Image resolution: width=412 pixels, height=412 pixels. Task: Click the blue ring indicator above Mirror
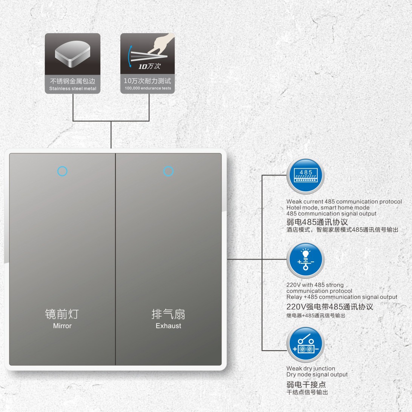click(62, 171)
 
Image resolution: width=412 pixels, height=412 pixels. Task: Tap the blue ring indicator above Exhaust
click(168, 171)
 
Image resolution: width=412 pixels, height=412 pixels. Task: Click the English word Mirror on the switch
click(62, 326)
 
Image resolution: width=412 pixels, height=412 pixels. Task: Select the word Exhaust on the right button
click(168, 326)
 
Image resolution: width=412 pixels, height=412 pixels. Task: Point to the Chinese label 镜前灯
click(62, 314)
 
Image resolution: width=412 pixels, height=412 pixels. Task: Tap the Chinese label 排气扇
click(168, 314)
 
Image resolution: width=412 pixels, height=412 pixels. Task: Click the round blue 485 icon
click(305, 176)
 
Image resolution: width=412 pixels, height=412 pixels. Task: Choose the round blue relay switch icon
click(305, 344)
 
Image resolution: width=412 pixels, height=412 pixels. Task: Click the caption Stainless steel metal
click(72, 89)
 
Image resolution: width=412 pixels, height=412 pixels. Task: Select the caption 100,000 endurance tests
click(148, 88)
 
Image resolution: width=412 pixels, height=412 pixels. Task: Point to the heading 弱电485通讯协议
click(317, 222)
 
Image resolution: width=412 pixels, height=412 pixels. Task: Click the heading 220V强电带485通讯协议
click(330, 307)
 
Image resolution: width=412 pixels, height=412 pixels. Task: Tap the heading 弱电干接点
click(306, 384)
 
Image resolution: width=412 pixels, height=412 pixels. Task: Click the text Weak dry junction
click(311, 369)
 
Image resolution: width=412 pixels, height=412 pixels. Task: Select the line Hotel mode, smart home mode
click(328, 208)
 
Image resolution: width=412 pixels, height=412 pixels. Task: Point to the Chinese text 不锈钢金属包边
click(72, 81)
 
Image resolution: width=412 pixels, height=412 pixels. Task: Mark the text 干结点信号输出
click(307, 392)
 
